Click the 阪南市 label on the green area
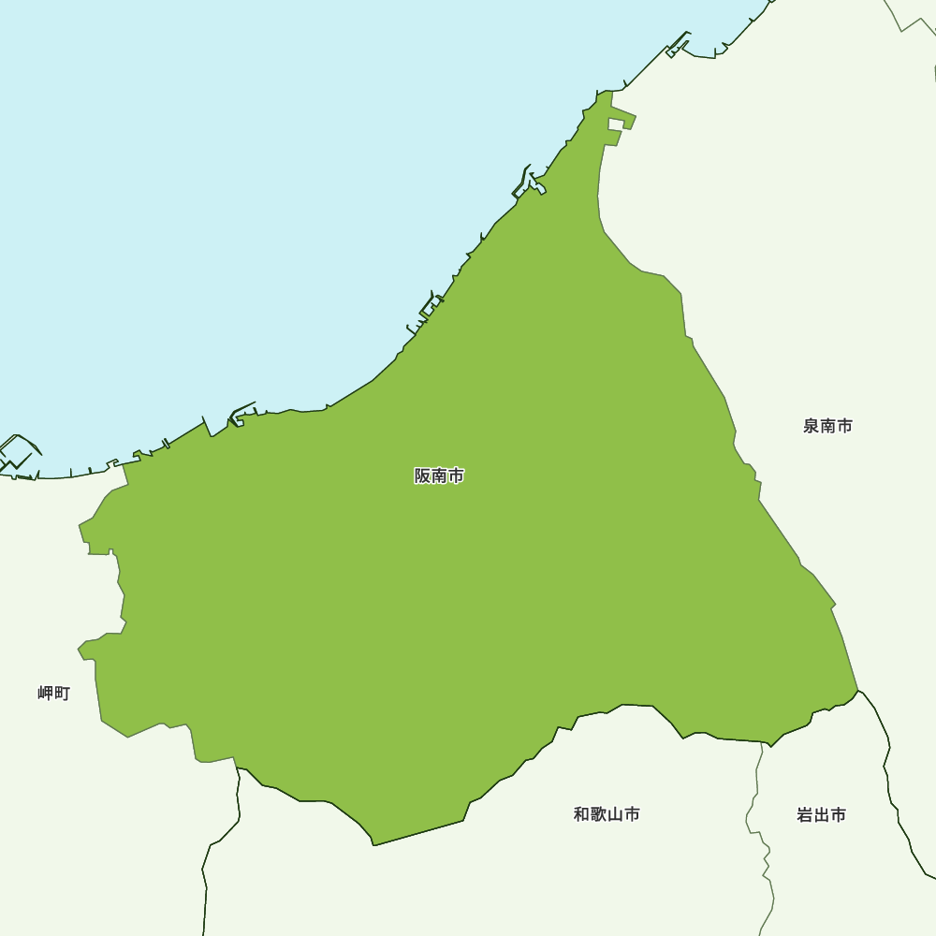coord(439,475)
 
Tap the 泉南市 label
coord(827,426)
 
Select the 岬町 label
coord(53,694)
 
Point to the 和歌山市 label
coord(607,814)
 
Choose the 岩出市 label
coord(821,815)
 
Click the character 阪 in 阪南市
coord(423,475)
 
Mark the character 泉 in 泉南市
coord(812,426)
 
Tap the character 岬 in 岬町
coord(46,694)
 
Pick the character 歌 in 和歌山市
coord(598,814)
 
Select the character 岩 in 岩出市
coord(805,815)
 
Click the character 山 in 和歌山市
coord(615,814)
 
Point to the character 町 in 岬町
coord(62,694)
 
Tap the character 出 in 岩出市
coord(821,815)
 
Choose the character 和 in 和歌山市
coord(581,814)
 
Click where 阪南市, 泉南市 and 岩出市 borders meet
coord(858,691)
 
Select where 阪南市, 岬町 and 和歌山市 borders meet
coord(237,768)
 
